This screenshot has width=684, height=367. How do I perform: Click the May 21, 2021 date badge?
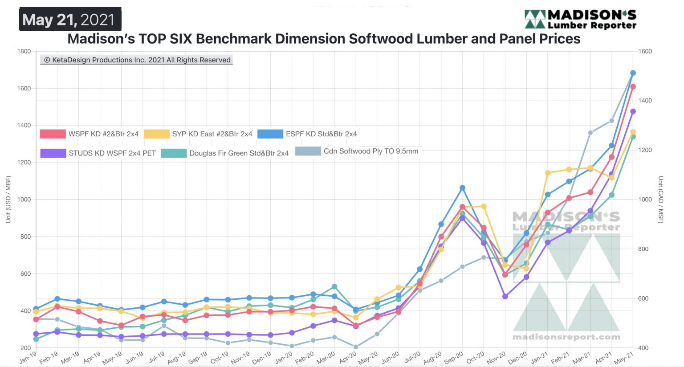[69, 19]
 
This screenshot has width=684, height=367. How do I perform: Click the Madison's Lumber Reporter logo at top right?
[580, 19]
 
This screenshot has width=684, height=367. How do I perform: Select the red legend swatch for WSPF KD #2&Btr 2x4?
[53, 134]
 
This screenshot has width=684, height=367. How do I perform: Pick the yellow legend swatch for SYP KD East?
[157, 134]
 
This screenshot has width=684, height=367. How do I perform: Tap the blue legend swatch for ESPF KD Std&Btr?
[270, 134]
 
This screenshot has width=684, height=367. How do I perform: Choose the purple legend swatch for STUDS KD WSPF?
[53, 153]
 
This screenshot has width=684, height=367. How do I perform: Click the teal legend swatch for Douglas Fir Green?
[174, 153]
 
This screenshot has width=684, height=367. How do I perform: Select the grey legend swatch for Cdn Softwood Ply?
[308, 151]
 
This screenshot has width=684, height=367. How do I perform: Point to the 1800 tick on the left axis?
[24, 51]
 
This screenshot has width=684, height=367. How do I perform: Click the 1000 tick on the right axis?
[645, 200]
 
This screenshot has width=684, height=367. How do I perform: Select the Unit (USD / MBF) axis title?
[8, 200]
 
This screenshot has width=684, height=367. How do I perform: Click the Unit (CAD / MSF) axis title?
[660, 200]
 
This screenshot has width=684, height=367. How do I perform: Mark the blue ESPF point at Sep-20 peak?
[462, 188]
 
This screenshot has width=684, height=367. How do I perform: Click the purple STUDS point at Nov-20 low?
[505, 296]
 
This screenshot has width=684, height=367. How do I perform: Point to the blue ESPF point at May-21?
[633, 73]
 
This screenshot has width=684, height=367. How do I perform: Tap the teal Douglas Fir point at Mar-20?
[334, 286]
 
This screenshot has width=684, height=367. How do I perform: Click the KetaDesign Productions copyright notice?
[137, 60]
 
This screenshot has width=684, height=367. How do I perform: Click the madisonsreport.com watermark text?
[566, 337]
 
